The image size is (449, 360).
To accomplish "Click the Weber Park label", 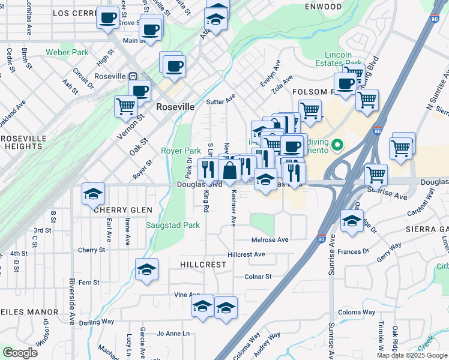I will click(67, 53).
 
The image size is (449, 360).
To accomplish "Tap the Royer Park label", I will click(181, 151).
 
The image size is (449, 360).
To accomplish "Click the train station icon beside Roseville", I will click(132, 77).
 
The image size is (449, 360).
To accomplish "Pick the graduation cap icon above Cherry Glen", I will click(93, 193).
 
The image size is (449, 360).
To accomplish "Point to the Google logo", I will click(20, 353).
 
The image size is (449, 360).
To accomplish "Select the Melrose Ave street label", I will click(270, 239).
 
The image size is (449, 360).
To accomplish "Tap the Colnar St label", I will click(258, 277).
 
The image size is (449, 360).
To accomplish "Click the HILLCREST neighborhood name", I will click(203, 264).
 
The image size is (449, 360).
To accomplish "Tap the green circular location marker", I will click(337, 145).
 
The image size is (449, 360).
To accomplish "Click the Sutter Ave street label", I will click(220, 102).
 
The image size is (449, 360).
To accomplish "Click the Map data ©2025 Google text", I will click(411, 355).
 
